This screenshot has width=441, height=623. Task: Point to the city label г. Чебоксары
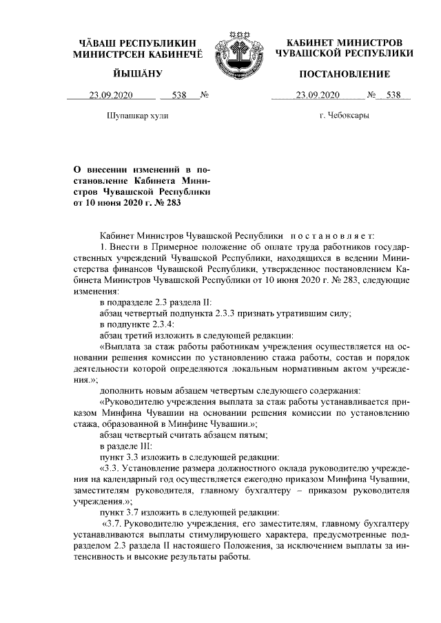[x=344, y=116]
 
